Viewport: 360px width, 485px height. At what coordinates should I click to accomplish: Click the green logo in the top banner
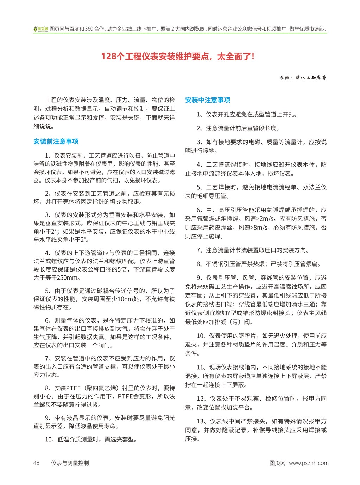[x=40, y=29]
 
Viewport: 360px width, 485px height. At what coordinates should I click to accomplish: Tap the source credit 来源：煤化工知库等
[x=303, y=78]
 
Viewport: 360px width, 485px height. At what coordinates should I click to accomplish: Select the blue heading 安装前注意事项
[x=56, y=141]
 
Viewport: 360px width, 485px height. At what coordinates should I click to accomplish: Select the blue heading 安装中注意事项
[x=208, y=100]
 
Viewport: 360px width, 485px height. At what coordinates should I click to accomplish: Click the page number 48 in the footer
[x=37, y=463]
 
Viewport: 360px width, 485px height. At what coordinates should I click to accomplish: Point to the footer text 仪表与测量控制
[x=70, y=463]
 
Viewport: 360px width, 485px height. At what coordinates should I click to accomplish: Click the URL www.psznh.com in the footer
[x=309, y=463]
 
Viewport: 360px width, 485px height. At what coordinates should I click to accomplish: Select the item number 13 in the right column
[x=200, y=421]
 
